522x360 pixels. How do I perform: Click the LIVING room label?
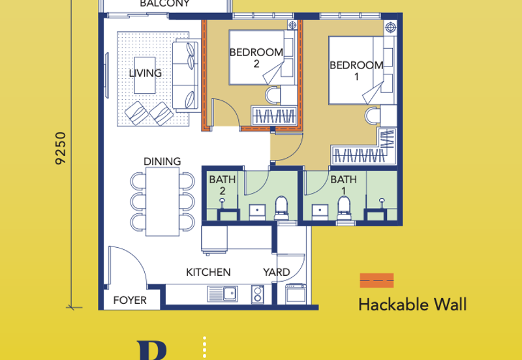click(x=145, y=73)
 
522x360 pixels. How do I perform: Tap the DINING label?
click(x=162, y=161)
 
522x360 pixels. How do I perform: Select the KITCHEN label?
click(x=208, y=272)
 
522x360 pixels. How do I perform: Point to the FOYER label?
click(x=130, y=300)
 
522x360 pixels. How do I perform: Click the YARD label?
click(x=276, y=272)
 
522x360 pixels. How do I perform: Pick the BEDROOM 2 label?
click(x=256, y=58)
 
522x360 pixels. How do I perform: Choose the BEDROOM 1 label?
click(x=356, y=71)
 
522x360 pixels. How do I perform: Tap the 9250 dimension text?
click(x=61, y=149)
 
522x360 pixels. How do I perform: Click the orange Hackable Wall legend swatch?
click(x=376, y=280)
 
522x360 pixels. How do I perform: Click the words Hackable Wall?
click(x=412, y=305)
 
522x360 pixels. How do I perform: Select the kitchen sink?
click(x=223, y=293)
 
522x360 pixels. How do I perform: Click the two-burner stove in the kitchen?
click(x=257, y=294)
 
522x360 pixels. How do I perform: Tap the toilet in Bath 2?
click(x=281, y=208)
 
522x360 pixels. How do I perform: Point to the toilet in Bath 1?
click(x=344, y=209)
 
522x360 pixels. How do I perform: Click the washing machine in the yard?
click(x=296, y=293)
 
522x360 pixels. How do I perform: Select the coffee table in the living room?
click(x=144, y=76)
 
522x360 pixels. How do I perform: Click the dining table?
click(x=162, y=202)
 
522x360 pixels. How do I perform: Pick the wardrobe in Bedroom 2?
click(x=274, y=116)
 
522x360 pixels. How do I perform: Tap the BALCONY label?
click(x=165, y=3)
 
